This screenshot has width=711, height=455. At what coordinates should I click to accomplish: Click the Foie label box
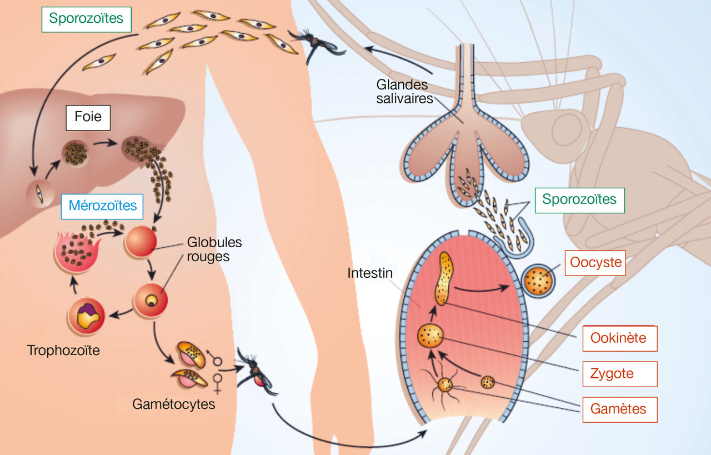(x=88, y=118)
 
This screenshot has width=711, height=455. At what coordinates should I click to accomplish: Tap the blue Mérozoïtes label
(x=103, y=206)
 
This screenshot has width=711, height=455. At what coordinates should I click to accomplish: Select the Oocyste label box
(x=595, y=263)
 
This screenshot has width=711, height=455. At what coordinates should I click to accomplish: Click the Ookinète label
(x=619, y=338)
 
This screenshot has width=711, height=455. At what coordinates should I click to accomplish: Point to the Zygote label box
(x=619, y=374)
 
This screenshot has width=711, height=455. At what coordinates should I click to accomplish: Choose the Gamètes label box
(x=619, y=409)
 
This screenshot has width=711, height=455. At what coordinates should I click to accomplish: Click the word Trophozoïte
(x=63, y=351)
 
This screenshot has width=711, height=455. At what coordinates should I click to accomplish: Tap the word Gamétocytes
(x=173, y=404)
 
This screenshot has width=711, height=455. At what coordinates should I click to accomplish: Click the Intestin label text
(x=370, y=273)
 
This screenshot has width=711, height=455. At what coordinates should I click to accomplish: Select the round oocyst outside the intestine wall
(x=539, y=282)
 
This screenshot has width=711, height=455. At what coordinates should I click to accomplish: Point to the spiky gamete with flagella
(x=445, y=384)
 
